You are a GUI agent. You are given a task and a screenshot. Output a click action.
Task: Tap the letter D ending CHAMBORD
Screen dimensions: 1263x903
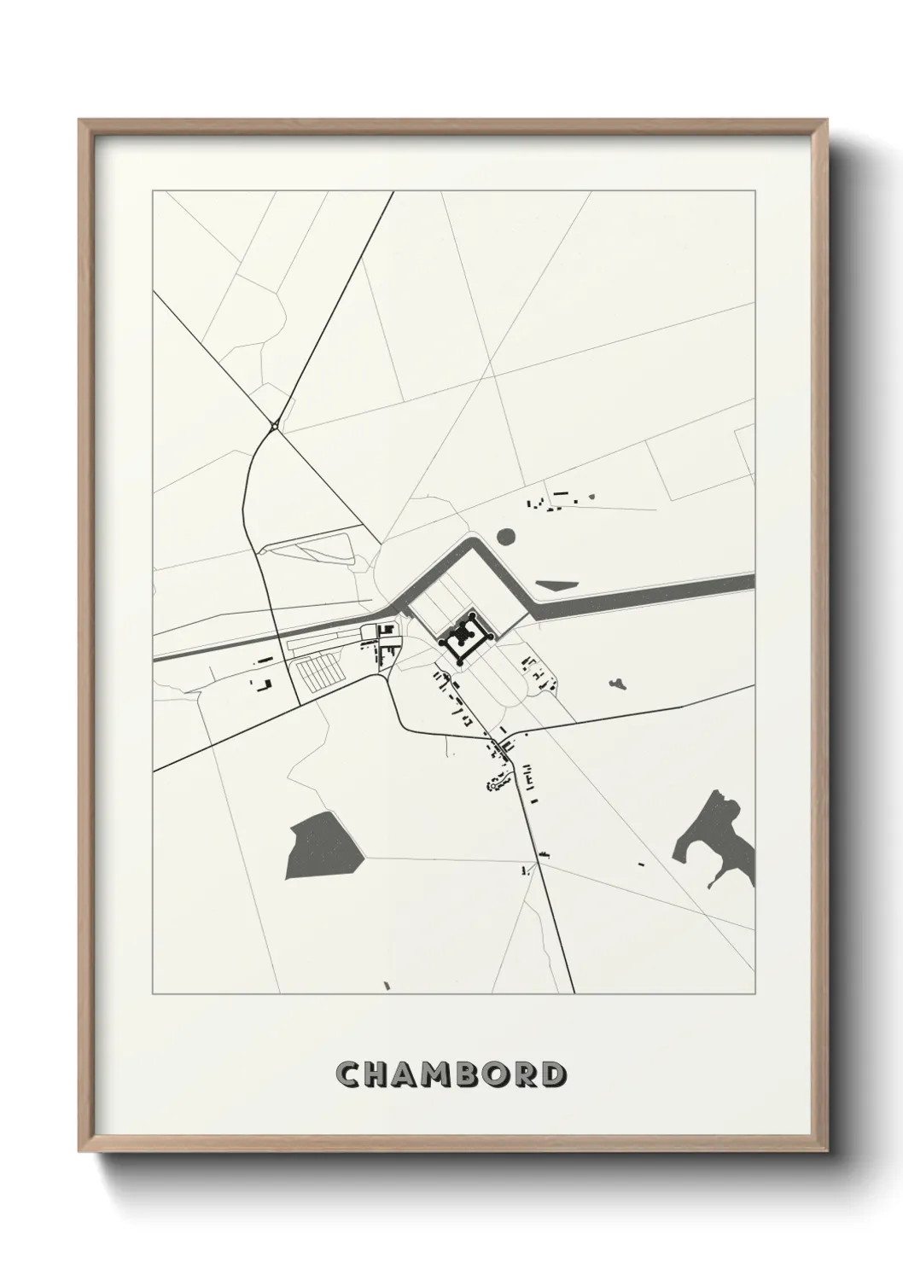(x=552, y=1074)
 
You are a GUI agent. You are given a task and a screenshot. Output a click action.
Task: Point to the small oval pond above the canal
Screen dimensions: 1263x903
(x=505, y=536)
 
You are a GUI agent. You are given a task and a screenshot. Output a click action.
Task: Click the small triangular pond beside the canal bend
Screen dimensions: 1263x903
(x=557, y=585)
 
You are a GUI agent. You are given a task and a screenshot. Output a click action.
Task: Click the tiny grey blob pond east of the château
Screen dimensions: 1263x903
(x=617, y=683)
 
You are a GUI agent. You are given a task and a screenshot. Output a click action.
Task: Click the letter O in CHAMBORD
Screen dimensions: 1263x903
(x=495, y=1074)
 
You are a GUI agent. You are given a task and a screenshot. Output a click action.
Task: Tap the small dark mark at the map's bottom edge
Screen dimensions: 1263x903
(x=387, y=987)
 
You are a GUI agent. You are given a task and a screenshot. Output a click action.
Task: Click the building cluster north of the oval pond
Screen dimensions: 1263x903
(x=559, y=500)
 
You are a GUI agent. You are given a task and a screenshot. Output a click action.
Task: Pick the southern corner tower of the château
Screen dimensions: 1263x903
(x=460, y=663)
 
